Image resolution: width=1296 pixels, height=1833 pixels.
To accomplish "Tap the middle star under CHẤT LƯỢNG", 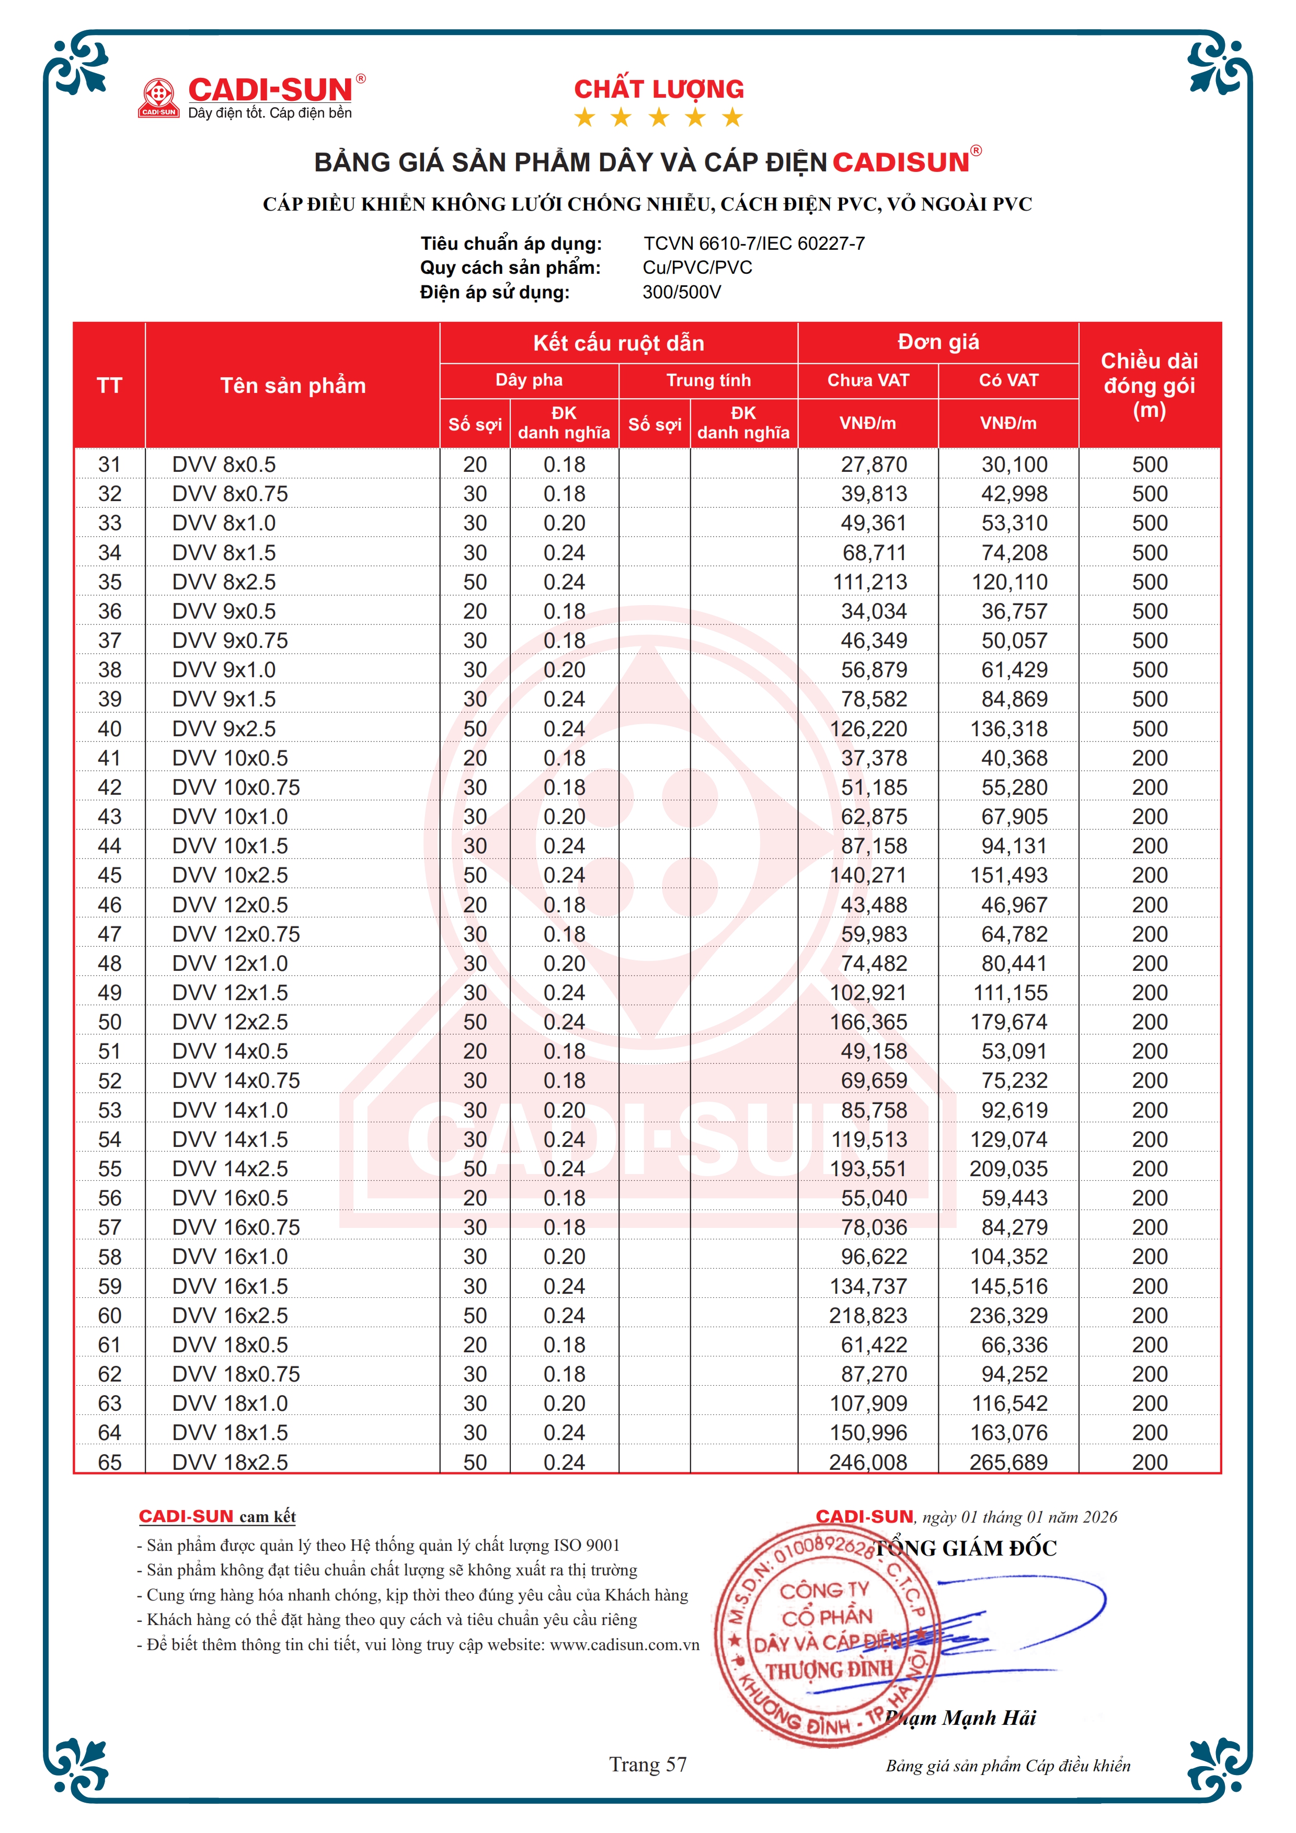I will pyautogui.click(x=659, y=118).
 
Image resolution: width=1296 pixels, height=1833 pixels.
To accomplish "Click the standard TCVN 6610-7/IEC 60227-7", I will pyautogui.click(x=754, y=243).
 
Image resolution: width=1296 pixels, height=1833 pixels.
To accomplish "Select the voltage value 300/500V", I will pyautogui.click(x=681, y=292).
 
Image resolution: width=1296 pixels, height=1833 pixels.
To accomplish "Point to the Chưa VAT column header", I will pyautogui.click(x=868, y=380).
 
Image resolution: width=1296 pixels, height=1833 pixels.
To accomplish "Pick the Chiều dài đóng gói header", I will pyautogui.click(x=1149, y=386).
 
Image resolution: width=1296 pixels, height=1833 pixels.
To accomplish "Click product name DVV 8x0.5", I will pyautogui.click(x=224, y=465).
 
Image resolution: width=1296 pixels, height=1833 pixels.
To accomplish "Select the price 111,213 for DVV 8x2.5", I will pyautogui.click(x=869, y=582).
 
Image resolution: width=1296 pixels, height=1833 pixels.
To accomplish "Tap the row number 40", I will pyautogui.click(x=109, y=729).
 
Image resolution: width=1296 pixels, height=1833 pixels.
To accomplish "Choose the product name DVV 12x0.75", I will pyautogui.click(x=236, y=934).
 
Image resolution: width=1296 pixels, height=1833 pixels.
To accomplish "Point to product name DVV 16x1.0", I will pyautogui.click(x=230, y=1257).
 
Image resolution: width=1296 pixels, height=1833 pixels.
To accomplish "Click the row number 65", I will pyautogui.click(x=109, y=1462).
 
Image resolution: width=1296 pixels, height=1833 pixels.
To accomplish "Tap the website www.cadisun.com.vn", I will pyautogui.click(x=624, y=1644).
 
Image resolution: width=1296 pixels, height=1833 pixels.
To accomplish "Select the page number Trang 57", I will pyautogui.click(x=648, y=1765).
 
